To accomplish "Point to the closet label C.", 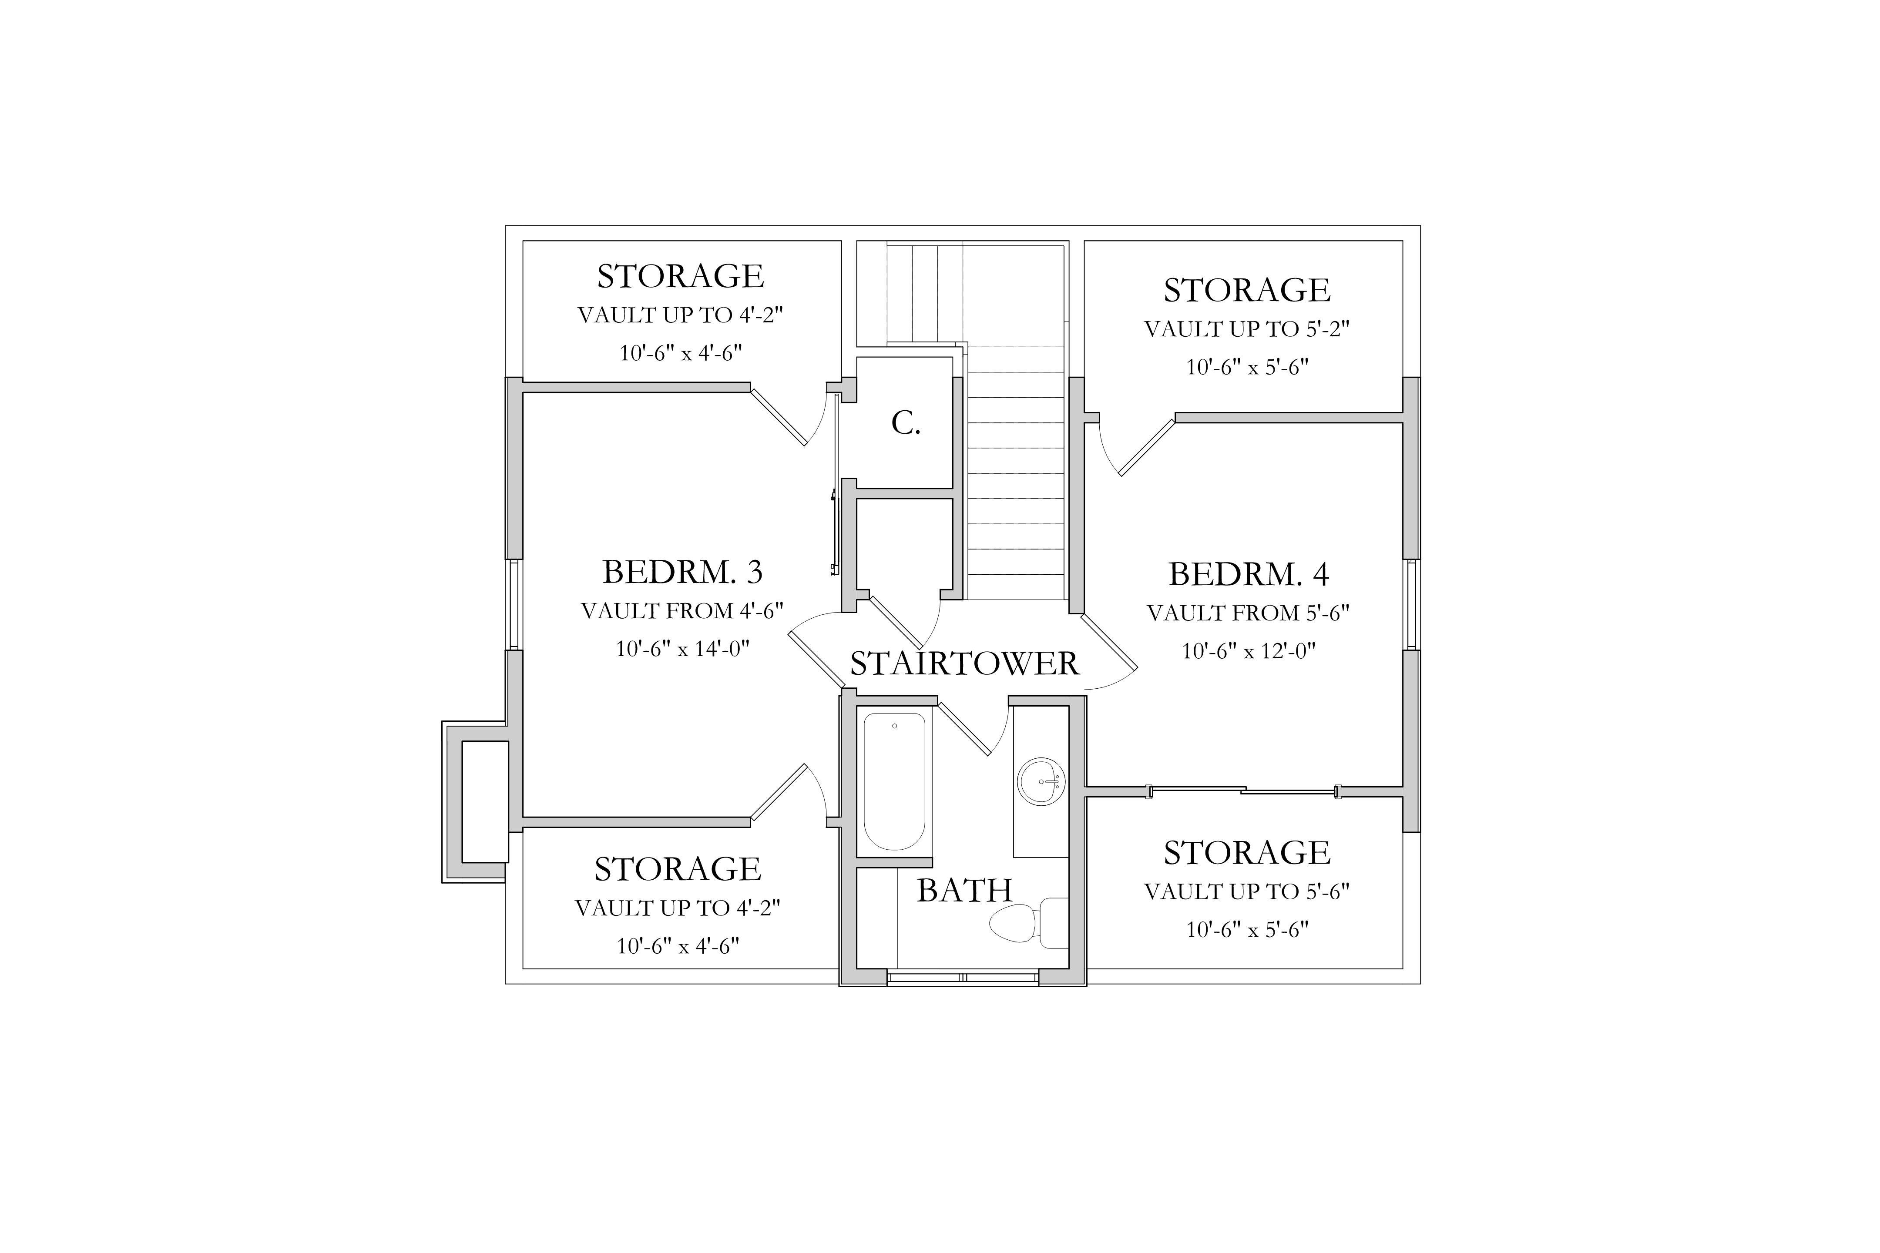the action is pyautogui.click(x=906, y=423).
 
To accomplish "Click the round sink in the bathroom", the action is pyautogui.click(x=1040, y=781).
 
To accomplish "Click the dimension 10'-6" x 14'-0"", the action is pyautogui.click(x=682, y=648).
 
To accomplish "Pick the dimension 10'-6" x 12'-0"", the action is pyautogui.click(x=1249, y=651).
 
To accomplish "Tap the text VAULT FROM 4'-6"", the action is pyautogui.click(x=682, y=611).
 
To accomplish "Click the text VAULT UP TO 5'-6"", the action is pyautogui.click(x=1247, y=892).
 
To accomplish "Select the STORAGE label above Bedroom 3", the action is pyautogui.click(x=680, y=277).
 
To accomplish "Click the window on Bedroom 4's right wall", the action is pyautogui.click(x=1412, y=604).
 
